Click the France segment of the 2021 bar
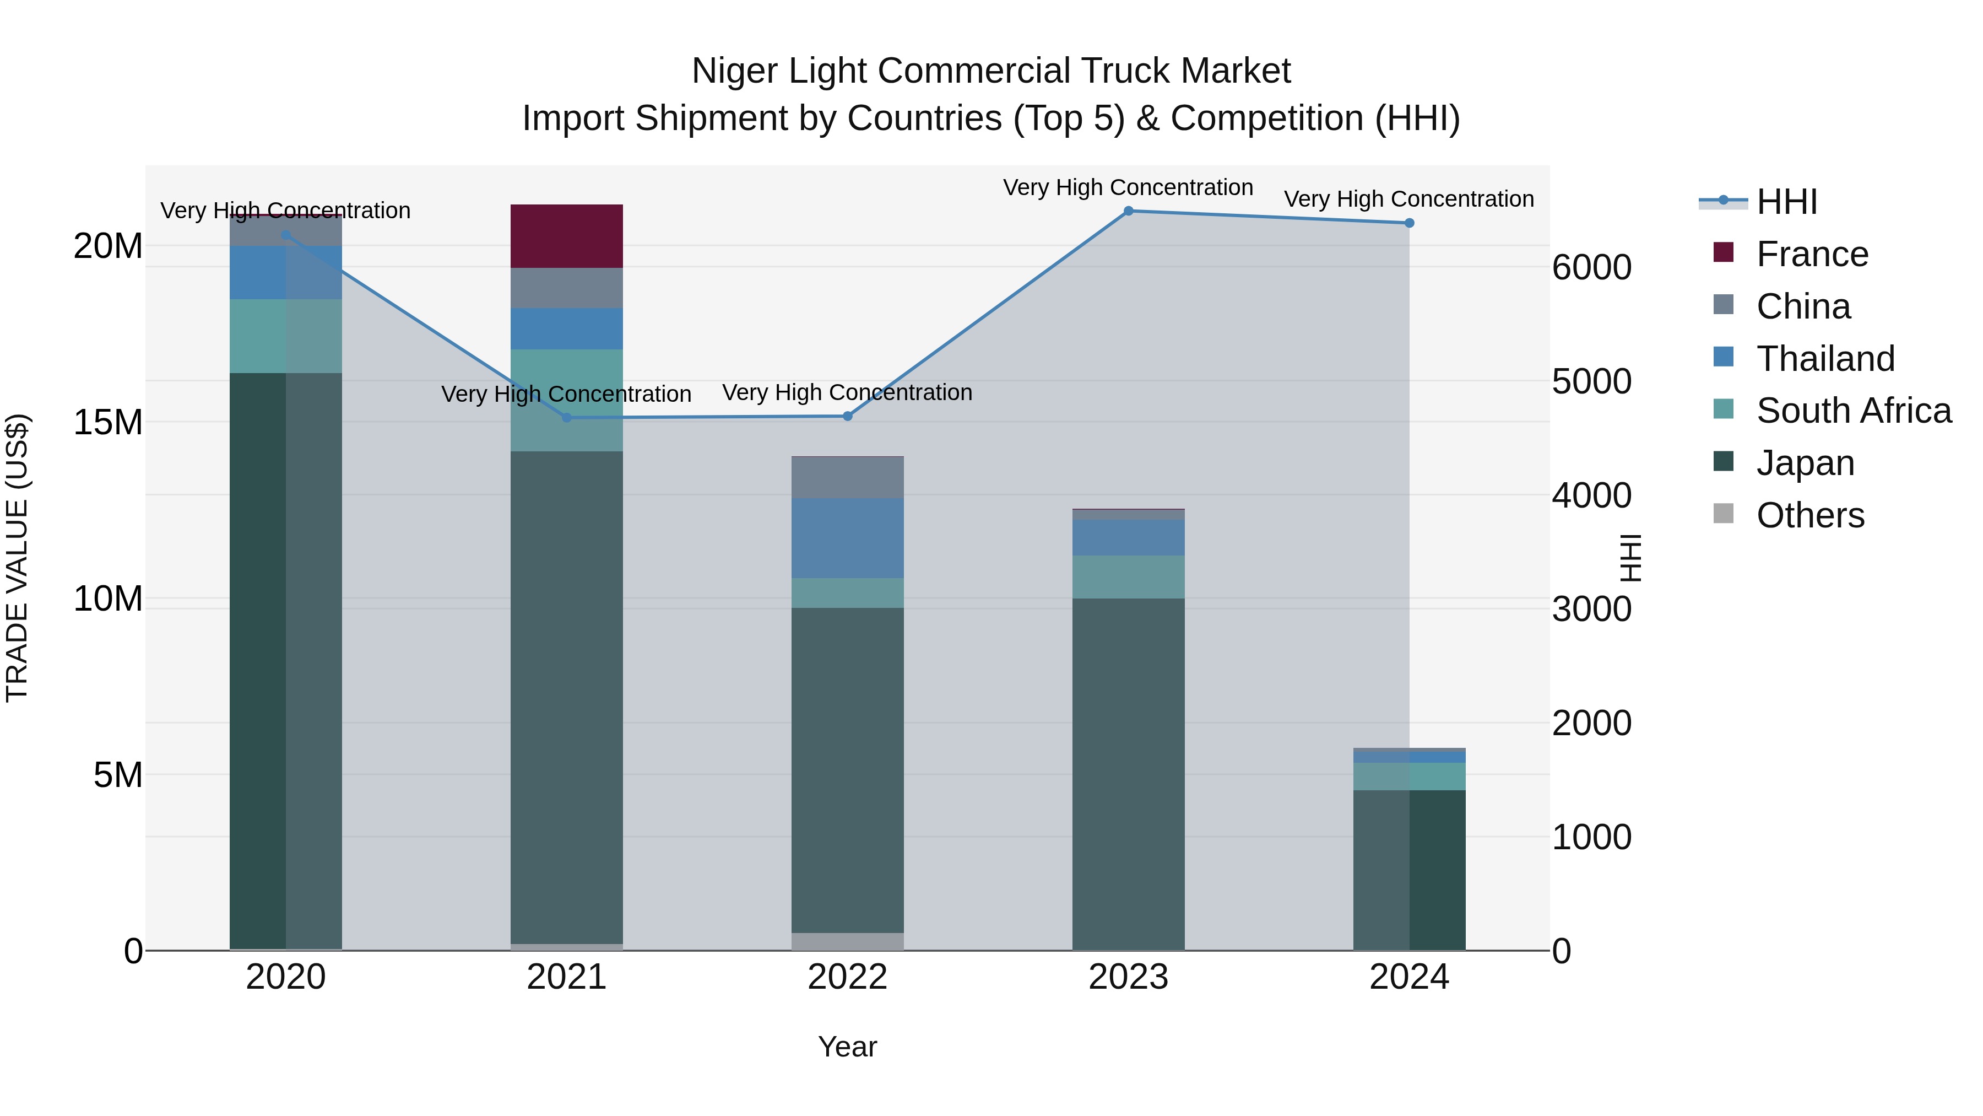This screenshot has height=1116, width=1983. [x=567, y=236]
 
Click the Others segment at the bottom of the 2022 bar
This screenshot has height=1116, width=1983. [x=848, y=941]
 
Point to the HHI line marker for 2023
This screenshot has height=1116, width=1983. [x=1129, y=211]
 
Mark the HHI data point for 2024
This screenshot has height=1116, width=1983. [x=1410, y=223]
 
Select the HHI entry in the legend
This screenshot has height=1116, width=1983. [x=1786, y=202]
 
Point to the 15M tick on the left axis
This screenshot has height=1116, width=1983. [x=108, y=423]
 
